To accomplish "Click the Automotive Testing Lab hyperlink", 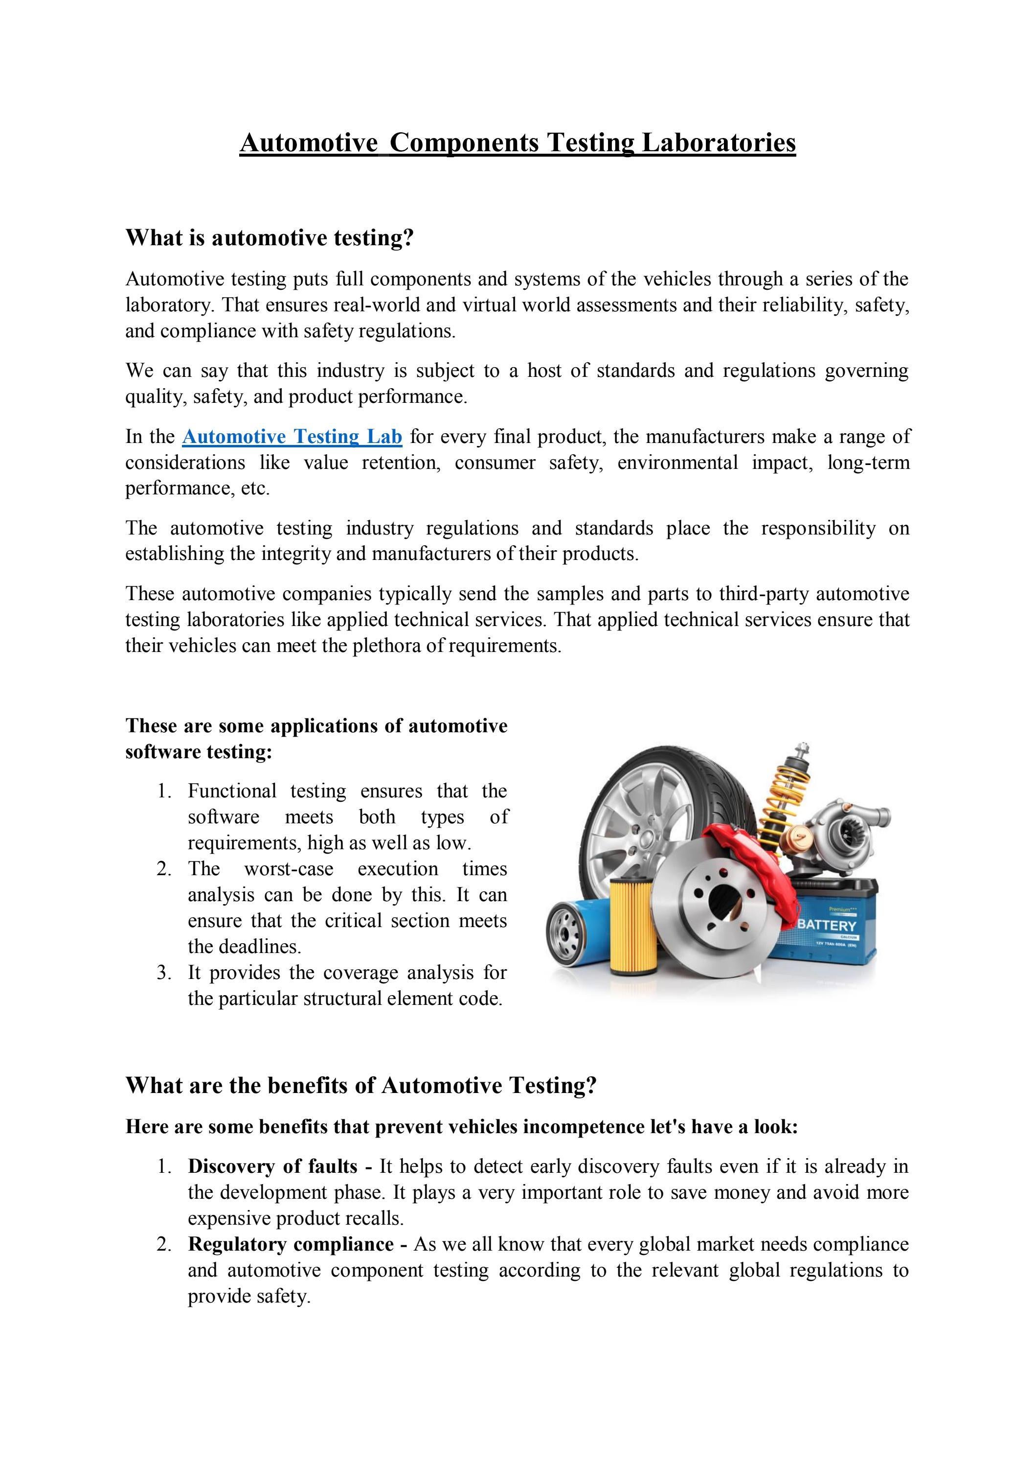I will coord(292,437).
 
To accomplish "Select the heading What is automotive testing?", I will coord(270,238).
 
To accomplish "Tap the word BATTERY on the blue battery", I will coord(827,925).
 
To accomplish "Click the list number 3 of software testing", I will coord(164,973).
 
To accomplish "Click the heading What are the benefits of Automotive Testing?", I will coord(361,1085).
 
